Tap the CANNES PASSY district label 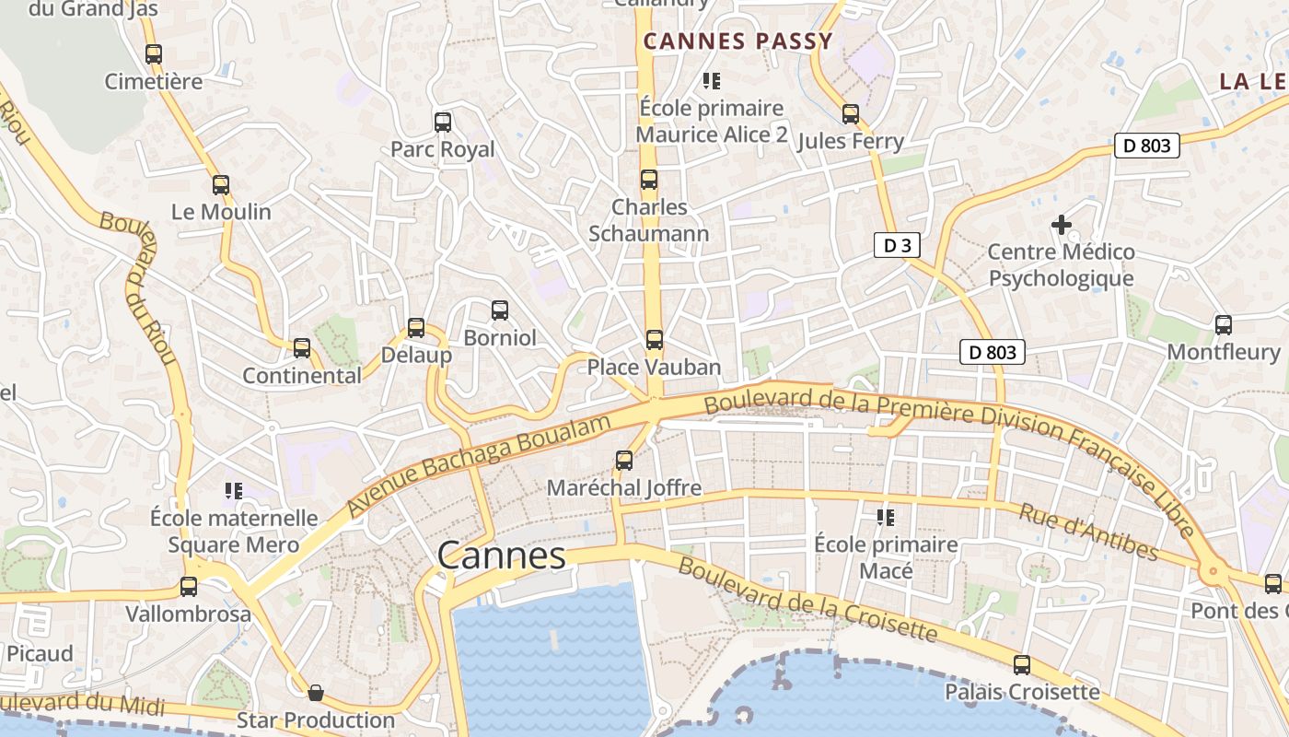737,41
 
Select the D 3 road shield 897,245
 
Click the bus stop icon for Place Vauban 654,340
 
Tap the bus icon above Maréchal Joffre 624,461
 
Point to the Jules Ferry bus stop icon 851,114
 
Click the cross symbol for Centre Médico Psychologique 1061,224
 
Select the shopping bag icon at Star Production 316,693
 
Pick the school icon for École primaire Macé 886,518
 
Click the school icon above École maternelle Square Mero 234,491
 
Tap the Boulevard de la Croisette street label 807,599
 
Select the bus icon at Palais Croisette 1022,665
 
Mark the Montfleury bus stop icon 1223,325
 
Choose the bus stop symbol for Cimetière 154,54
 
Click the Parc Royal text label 442,149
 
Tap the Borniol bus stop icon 499,310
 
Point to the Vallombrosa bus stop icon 189,587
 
